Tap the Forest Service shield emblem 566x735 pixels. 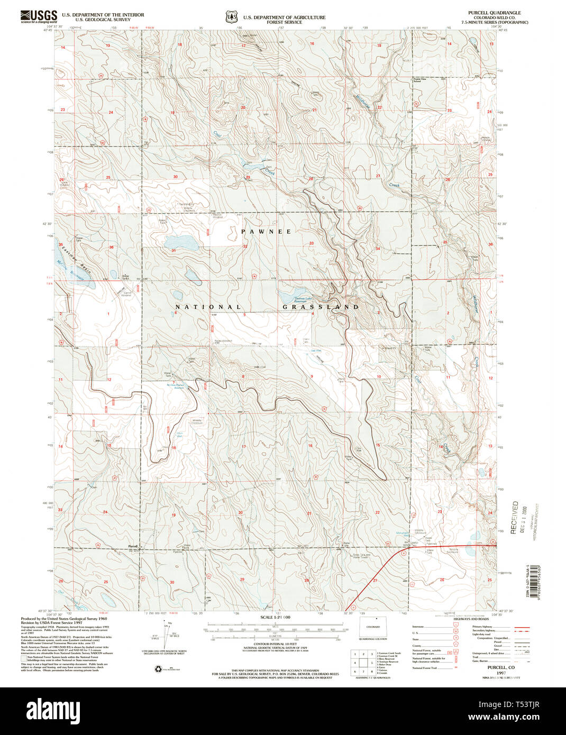point(230,17)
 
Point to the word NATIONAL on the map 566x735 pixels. point(208,307)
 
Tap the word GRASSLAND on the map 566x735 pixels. point(321,307)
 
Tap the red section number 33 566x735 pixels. point(312,243)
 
